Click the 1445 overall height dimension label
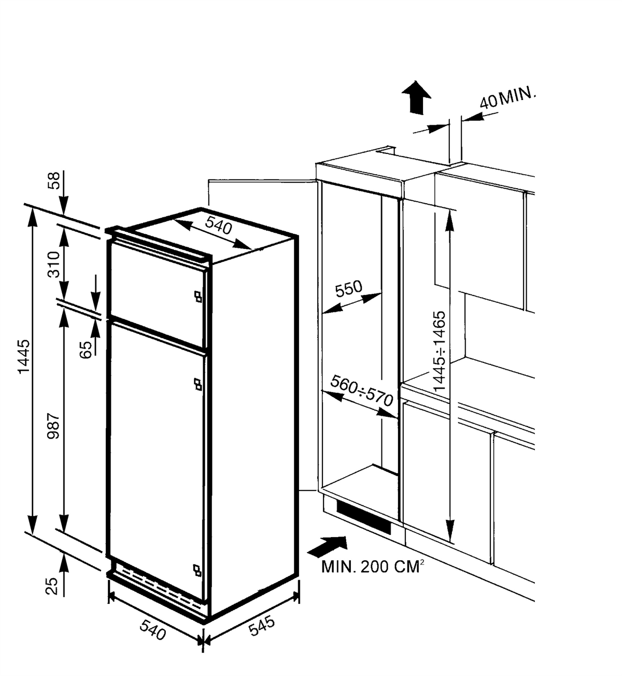tap(24, 357)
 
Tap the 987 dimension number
tap(53, 426)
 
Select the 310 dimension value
tap(53, 264)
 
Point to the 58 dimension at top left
tap(53, 180)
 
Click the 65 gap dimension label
tap(86, 350)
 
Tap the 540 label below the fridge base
tap(153, 629)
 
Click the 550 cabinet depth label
tap(349, 289)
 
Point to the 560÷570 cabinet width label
tap(362, 391)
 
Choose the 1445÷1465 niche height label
tap(440, 350)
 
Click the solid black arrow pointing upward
tap(416, 98)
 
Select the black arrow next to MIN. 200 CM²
tap(327, 547)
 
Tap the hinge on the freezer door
tap(198, 296)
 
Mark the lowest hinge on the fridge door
tap(197, 570)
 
